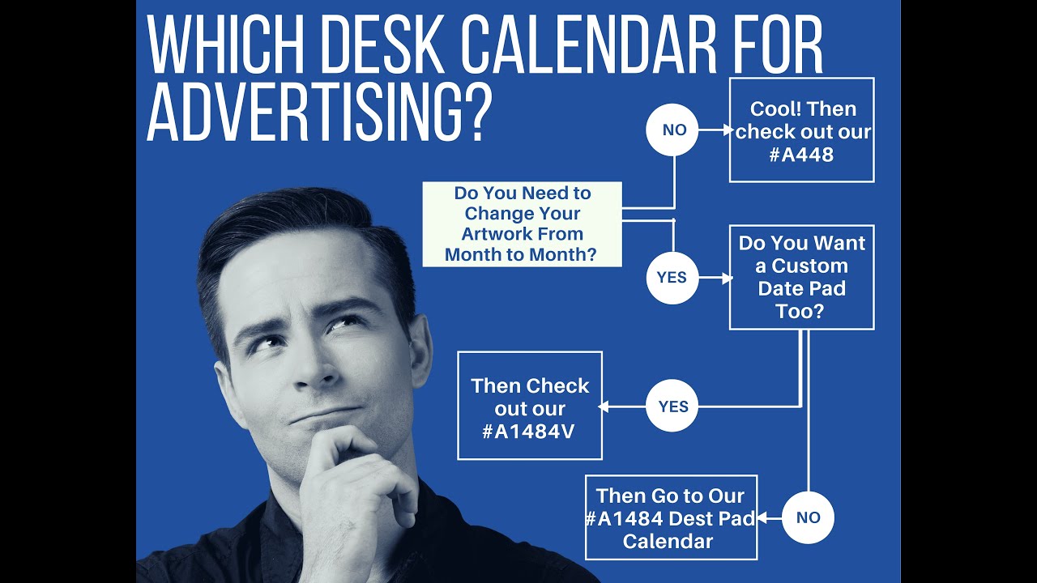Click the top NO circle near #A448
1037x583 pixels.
[672, 130]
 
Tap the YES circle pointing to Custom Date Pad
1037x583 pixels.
[672, 278]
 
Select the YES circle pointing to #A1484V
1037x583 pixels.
[672, 406]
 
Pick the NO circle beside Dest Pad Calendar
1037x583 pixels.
[808, 517]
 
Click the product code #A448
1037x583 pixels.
[801, 154]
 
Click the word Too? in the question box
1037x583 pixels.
[800, 311]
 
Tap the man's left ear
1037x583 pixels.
[418, 340]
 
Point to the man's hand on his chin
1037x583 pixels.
[356, 478]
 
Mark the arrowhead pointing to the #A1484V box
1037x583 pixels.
[603, 406]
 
